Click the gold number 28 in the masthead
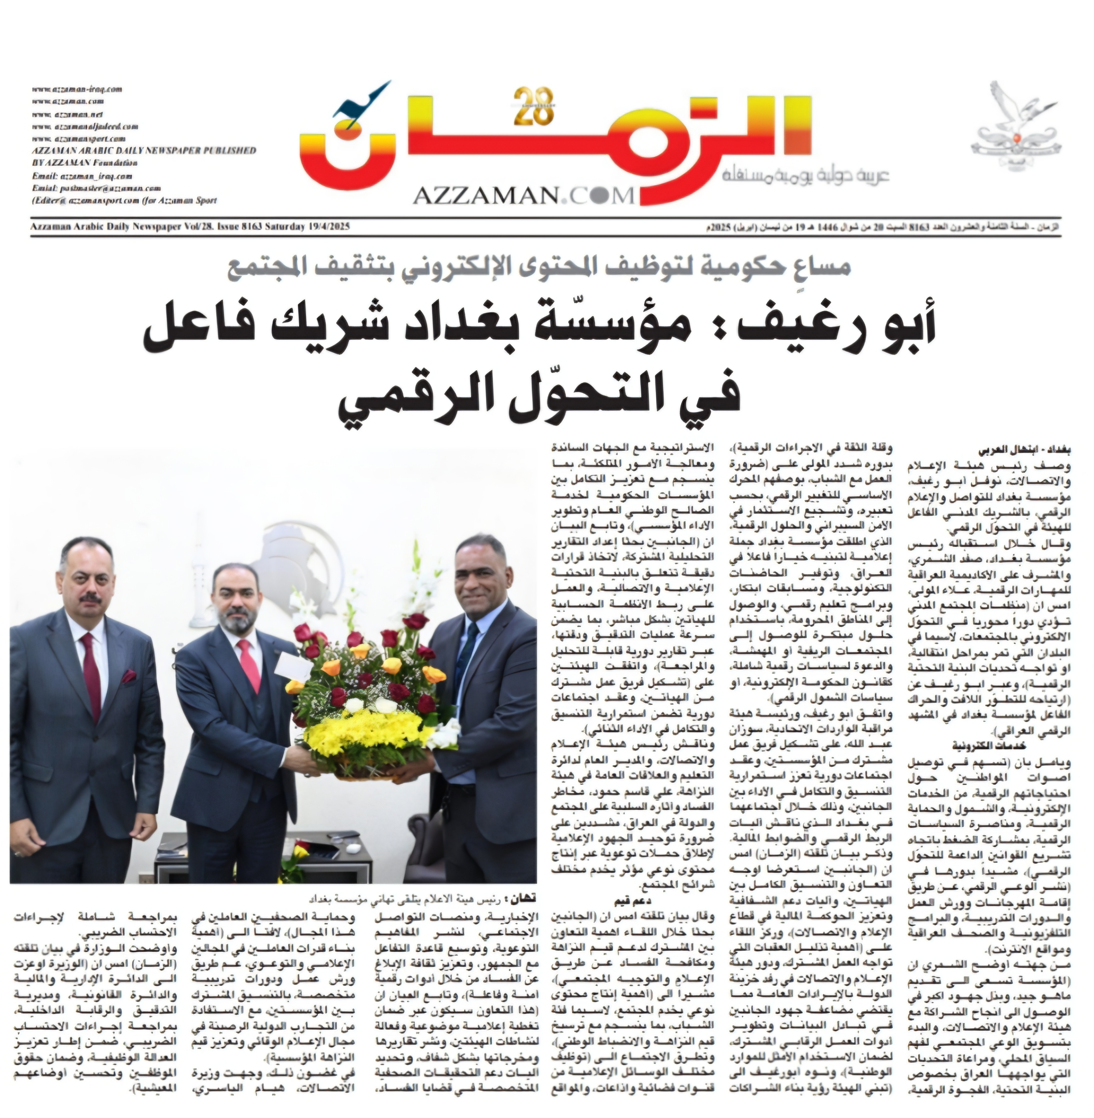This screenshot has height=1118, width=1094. point(533,107)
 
